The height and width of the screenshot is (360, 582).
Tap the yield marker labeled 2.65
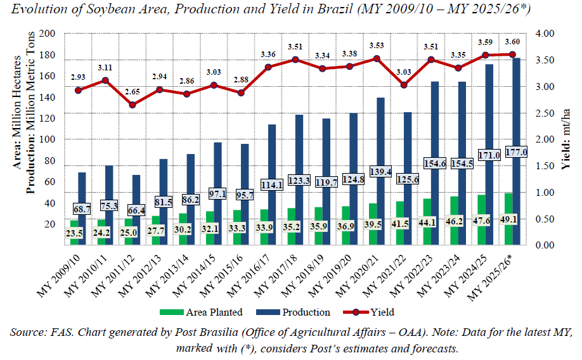pos(133,105)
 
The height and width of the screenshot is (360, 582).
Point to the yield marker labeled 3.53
pos(377,58)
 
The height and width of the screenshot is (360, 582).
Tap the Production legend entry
pos(298,312)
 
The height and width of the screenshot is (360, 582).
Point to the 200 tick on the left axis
pos(47,34)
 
